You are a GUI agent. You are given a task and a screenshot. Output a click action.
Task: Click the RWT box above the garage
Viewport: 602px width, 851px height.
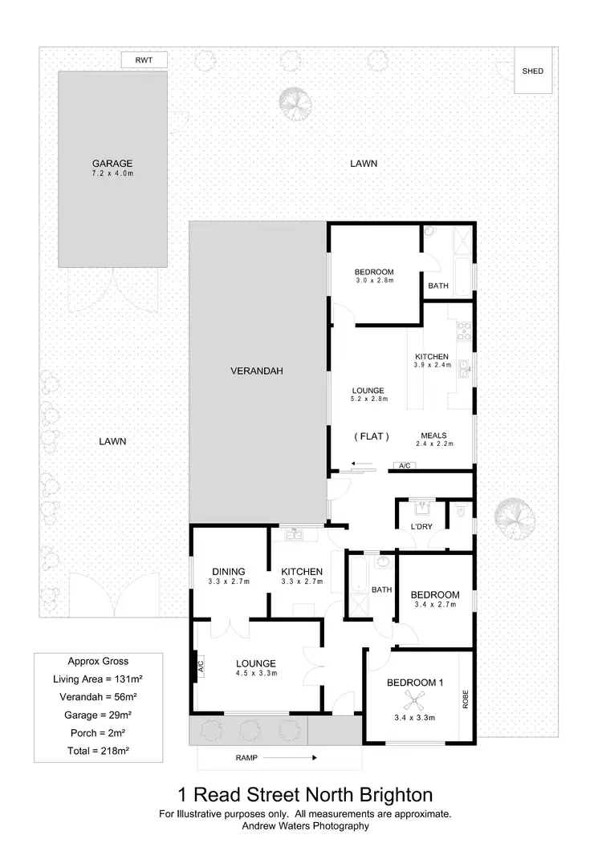coord(144,59)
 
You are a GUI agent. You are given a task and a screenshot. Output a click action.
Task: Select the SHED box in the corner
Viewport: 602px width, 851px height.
coord(533,71)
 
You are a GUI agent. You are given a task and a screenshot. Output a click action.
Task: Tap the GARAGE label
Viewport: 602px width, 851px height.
coord(112,163)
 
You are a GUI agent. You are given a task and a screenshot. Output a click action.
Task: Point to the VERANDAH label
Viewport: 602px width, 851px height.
coord(257,371)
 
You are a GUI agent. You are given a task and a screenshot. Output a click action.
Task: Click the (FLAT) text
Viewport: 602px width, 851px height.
coord(372,436)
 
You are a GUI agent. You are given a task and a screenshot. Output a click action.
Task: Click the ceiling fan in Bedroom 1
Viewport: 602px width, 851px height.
coord(415,703)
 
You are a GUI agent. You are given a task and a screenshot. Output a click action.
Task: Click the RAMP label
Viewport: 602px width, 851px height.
coord(247,757)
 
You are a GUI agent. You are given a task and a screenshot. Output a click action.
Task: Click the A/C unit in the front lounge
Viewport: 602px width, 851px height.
coord(197,665)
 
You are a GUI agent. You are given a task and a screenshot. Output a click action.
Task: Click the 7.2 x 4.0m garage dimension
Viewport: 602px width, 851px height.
coord(112,174)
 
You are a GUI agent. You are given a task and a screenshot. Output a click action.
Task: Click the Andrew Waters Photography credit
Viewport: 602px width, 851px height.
coord(304,825)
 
